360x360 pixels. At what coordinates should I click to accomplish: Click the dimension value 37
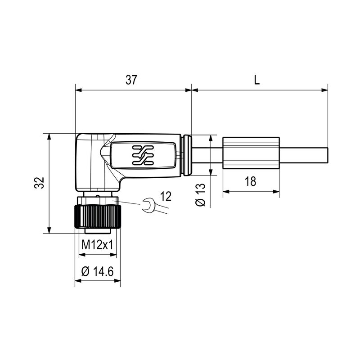click(131, 80)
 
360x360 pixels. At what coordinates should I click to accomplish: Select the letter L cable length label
click(256, 80)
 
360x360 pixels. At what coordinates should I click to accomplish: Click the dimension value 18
click(250, 181)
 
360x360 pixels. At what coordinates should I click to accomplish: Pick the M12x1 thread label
click(97, 245)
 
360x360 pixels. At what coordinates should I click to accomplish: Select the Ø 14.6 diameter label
click(97, 271)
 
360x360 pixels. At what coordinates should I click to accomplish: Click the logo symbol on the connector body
click(143, 155)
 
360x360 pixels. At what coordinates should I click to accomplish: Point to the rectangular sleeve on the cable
click(251, 153)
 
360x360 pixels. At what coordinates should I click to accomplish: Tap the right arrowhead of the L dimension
click(325, 90)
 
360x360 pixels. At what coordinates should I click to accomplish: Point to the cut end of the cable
click(328, 155)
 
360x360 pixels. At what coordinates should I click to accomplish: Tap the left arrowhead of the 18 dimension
click(225, 192)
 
